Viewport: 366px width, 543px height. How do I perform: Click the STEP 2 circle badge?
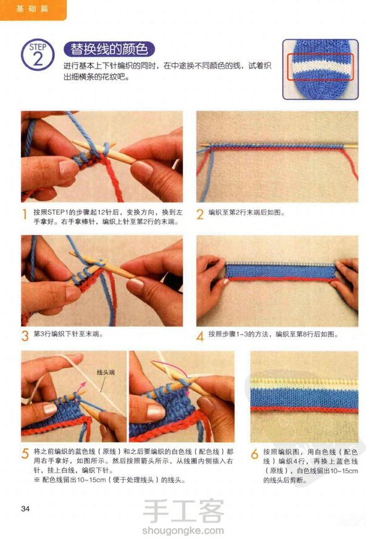pyautogui.click(x=38, y=55)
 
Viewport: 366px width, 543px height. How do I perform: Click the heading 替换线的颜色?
pyautogui.click(x=109, y=49)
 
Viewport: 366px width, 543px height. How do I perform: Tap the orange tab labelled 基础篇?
pyautogui.click(x=32, y=9)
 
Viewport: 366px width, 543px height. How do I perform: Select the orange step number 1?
pyautogui.click(x=25, y=214)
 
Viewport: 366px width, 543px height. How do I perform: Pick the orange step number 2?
pyautogui.click(x=200, y=214)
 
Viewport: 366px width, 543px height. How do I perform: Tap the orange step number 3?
pyautogui.click(x=25, y=336)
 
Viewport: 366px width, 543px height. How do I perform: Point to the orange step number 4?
pyautogui.click(x=200, y=336)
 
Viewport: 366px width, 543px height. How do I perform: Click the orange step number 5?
pyautogui.click(x=25, y=454)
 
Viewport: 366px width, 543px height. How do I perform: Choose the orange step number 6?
pyautogui.click(x=254, y=454)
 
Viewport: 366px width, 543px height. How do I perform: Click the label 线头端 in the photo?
pyautogui.click(x=106, y=373)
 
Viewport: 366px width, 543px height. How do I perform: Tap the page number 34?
pyautogui.click(x=25, y=508)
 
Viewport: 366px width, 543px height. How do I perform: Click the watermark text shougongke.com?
pyautogui.click(x=183, y=530)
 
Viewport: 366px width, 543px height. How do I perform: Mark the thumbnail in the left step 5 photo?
pyautogui.click(x=50, y=409)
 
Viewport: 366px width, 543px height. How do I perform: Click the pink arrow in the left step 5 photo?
pyautogui.click(x=81, y=386)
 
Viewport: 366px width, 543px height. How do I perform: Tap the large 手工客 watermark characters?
pyautogui.click(x=183, y=510)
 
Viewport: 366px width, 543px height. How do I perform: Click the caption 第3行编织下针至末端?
pyautogui.click(x=69, y=334)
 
